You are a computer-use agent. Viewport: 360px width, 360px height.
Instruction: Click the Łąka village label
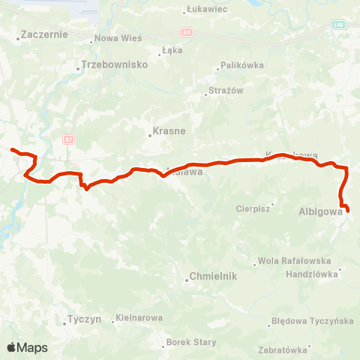click(172, 51)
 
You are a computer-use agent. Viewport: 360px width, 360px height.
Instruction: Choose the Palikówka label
click(244, 65)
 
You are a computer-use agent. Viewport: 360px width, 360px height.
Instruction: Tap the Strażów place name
click(224, 91)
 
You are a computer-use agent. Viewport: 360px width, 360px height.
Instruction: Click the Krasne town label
click(169, 130)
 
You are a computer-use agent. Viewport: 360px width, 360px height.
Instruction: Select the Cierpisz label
click(252, 209)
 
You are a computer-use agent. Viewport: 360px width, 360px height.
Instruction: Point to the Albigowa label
click(321, 211)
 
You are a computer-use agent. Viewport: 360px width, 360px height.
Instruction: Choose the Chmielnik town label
click(214, 276)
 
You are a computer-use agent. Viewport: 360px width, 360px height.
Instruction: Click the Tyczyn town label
click(84, 319)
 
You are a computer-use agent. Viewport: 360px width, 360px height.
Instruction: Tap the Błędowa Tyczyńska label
click(313, 322)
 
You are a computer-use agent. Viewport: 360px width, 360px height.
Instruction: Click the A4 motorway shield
click(186, 31)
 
